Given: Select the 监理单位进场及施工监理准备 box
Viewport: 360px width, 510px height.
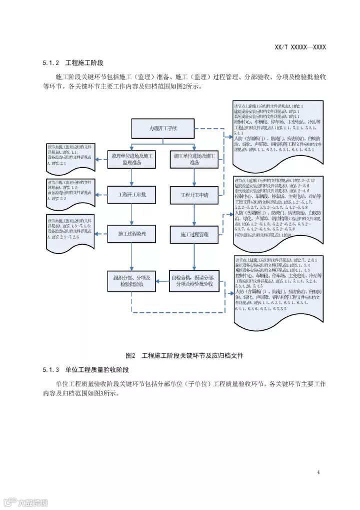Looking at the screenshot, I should click(x=132, y=160).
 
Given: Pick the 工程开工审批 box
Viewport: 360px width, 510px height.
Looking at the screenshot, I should click(x=132, y=195).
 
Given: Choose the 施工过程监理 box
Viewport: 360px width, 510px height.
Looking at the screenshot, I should click(x=132, y=234).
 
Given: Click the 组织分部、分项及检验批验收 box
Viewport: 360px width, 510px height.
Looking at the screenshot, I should click(x=132, y=281).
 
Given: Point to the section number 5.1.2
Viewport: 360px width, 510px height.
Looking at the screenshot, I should click(x=51, y=63).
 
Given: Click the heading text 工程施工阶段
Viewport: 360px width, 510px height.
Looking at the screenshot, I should click(x=84, y=63).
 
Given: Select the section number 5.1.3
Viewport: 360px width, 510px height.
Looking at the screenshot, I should click(x=51, y=370).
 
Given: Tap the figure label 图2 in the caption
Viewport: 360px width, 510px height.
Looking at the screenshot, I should click(x=131, y=356).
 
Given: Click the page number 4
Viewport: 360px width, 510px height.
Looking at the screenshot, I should click(x=318, y=472).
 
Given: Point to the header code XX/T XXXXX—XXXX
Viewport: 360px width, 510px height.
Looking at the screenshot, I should click(x=300, y=47).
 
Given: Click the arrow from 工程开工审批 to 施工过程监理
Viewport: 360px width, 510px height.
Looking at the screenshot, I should click(x=132, y=214).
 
